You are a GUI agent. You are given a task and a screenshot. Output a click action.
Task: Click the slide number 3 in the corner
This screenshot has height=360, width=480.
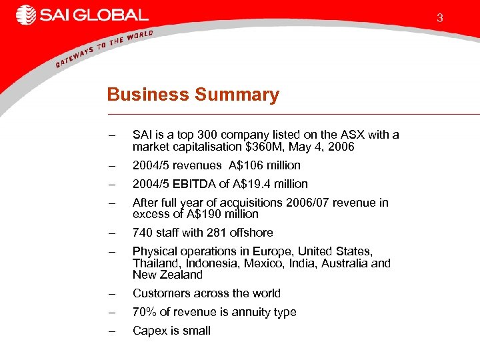440,19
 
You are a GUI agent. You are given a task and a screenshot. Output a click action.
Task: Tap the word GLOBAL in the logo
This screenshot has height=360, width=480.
109,15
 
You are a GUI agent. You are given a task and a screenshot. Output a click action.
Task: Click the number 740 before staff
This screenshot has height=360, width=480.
142,233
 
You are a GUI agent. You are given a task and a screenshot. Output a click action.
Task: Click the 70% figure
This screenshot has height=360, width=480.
144,312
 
